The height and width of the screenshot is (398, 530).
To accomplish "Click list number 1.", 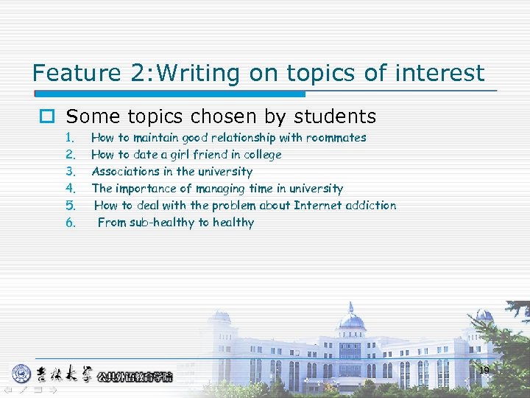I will coord(70,138).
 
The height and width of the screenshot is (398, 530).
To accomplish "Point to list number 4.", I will coord(71,189).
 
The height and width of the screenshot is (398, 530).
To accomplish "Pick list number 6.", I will coord(71,223).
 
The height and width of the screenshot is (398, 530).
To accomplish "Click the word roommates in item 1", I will coord(337,138).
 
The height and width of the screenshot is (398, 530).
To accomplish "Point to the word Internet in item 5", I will coord(320,206).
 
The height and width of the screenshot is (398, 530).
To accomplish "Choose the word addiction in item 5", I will coord(373,206).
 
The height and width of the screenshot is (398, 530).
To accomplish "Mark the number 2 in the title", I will coord(138,73).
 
